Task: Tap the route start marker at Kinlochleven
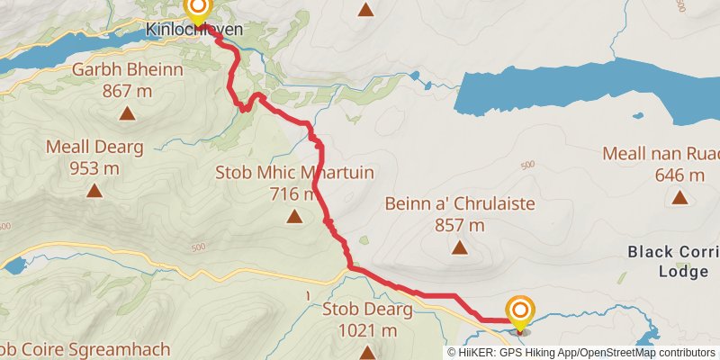coord(196,9)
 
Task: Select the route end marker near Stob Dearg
coord(520,312)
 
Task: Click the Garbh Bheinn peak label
coord(128,70)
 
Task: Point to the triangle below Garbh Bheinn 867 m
coord(128,113)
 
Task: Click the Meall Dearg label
coord(94,147)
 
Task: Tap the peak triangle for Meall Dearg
coord(94,190)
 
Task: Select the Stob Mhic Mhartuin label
coord(294,173)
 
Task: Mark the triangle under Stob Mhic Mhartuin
coord(294,216)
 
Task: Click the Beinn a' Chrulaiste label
coord(460,204)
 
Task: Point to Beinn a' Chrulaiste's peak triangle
coord(460,247)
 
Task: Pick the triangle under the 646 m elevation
coord(679,197)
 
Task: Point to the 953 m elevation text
coord(94,167)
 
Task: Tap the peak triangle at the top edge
coord(365,11)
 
